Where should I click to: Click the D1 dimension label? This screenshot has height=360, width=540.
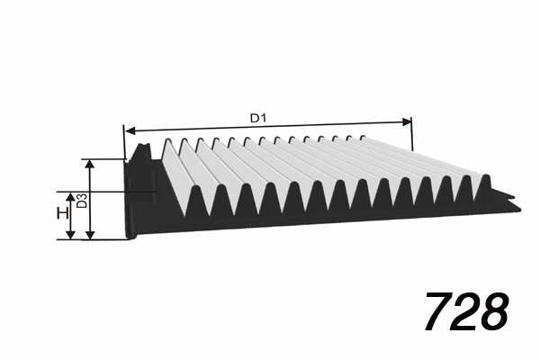(258, 119)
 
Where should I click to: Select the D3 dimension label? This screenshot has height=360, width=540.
(82, 201)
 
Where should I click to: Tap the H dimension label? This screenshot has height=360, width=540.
(62, 213)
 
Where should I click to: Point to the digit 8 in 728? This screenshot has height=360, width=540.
(494, 310)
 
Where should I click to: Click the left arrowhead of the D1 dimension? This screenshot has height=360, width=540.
(130, 130)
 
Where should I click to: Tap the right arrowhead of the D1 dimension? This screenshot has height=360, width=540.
(407, 121)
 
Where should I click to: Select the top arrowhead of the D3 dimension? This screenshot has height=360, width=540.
(89, 164)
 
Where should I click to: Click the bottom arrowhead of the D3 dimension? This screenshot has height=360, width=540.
(89, 235)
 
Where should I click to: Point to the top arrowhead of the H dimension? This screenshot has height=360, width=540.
(70, 196)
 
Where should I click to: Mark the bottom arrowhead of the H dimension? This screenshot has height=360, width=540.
(70, 235)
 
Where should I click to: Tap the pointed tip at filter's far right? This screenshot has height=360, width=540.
(520, 209)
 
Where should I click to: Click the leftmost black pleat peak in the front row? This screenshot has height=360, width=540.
(196, 189)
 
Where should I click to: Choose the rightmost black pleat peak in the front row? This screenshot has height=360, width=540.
(486, 178)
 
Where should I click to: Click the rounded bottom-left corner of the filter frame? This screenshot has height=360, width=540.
(128, 237)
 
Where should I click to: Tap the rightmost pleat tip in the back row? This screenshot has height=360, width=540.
(363, 137)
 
